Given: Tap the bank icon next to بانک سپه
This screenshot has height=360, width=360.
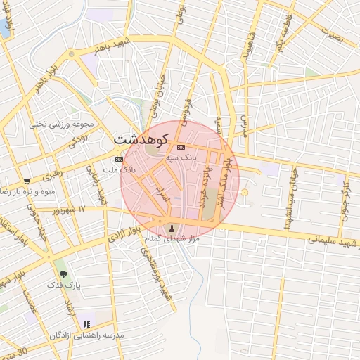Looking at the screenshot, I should (181, 148).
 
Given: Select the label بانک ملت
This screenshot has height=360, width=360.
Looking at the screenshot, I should (117, 169).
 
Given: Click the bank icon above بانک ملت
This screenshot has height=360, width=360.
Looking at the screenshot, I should (118, 159).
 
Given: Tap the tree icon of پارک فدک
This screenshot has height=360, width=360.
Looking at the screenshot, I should (64, 274).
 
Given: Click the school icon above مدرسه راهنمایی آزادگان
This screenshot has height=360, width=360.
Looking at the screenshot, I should (87, 324).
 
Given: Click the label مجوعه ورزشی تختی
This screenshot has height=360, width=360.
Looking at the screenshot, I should (62, 124).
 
